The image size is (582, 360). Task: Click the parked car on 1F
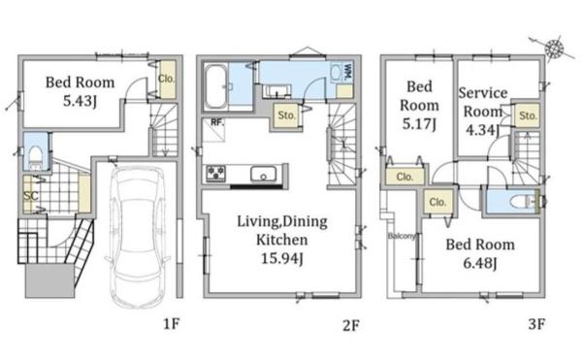[138, 237]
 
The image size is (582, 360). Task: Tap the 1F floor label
[172, 324]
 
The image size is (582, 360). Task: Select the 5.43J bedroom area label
[80, 101]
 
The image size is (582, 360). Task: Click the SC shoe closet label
[31, 196]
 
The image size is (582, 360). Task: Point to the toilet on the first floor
[36, 156]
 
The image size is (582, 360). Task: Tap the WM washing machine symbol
[341, 73]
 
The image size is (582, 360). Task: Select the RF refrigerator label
[217, 122]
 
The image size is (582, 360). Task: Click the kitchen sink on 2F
[263, 174]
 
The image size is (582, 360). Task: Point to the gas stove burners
[216, 174]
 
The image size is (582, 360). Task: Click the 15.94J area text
[282, 258]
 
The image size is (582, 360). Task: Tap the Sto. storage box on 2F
[286, 115]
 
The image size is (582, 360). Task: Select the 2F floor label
[351, 325]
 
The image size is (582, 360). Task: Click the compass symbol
[555, 48]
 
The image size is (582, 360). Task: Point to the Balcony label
[402, 236]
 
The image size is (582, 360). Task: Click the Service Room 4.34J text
[482, 112]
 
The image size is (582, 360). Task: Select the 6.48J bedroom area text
[480, 263]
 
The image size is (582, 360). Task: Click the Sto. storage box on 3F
[528, 115]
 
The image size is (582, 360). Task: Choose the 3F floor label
[536, 324]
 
